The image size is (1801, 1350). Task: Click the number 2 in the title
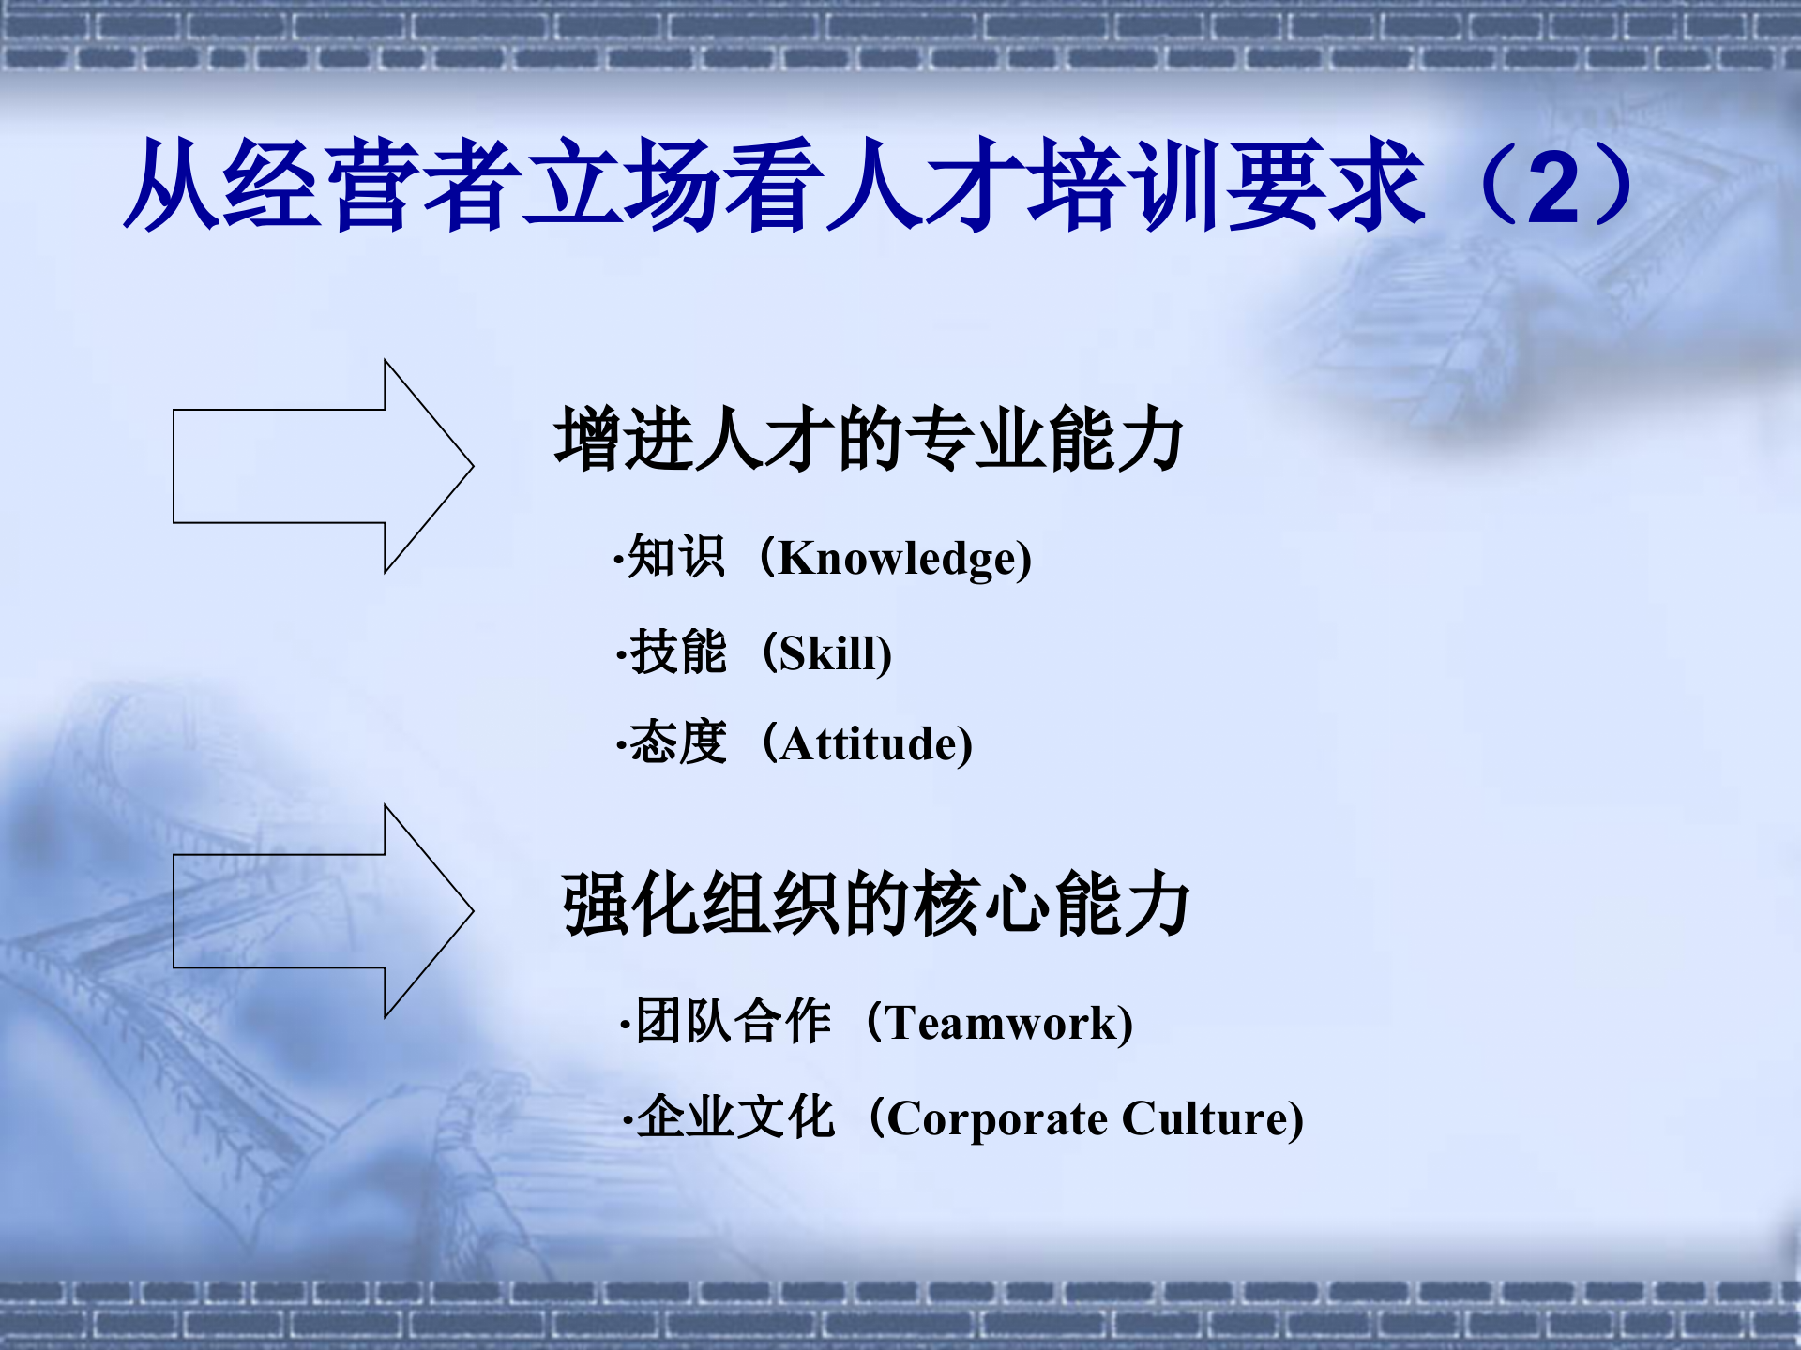[x=1553, y=188]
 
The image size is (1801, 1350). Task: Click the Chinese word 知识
[x=676, y=557]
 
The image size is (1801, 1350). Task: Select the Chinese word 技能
[x=678, y=652]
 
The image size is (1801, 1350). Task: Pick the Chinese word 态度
[x=678, y=743]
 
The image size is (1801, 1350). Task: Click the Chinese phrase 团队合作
[x=734, y=1021]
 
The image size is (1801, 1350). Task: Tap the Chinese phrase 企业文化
[x=735, y=1117]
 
